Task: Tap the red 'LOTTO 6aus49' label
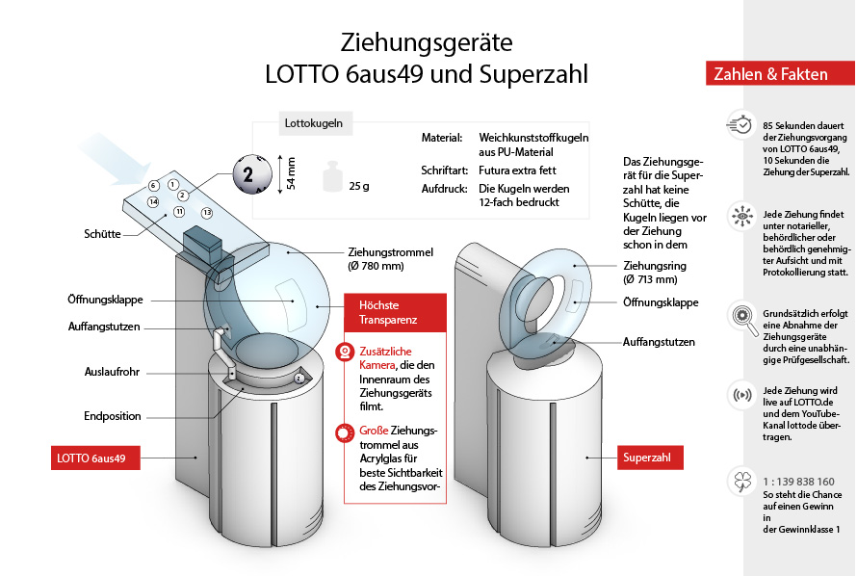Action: pos(96,457)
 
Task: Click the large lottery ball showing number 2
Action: pos(247,174)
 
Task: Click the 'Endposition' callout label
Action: pos(112,416)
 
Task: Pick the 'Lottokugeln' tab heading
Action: pos(313,123)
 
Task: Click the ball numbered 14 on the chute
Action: pos(153,202)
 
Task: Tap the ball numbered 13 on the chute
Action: pos(206,212)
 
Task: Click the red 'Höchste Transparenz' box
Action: pos(395,307)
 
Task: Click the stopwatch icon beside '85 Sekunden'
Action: pos(740,125)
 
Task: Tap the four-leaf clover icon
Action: pos(740,481)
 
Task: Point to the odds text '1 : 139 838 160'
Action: pos(798,480)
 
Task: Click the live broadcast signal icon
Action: pos(740,395)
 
